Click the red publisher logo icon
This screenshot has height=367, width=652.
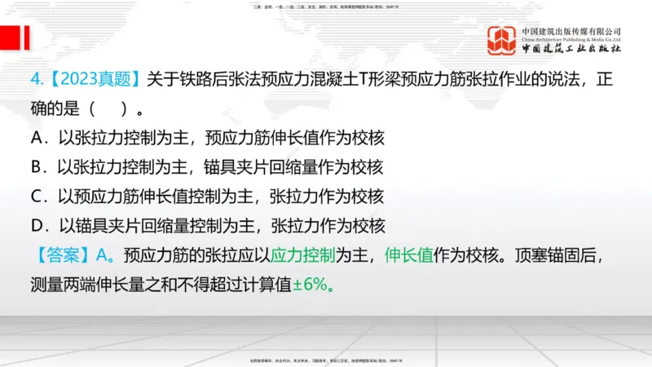(502, 41)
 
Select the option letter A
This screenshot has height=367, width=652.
(36, 138)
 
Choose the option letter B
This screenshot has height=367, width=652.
(36, 167)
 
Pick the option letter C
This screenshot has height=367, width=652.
(36, 197)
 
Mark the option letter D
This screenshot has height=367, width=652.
(36, 226)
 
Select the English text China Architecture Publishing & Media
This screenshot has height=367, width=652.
(571, 38)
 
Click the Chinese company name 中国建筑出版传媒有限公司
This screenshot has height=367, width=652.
(571, 30)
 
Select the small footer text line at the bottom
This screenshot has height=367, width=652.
(325, 360)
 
